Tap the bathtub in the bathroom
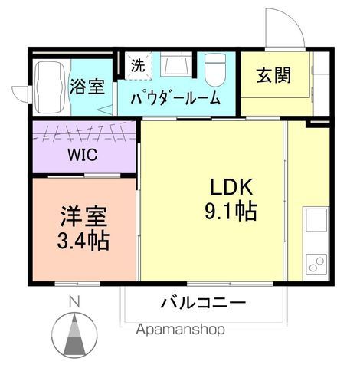(x=50, y=77)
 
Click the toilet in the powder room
(x=214, y=71)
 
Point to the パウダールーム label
(x=175, y=99)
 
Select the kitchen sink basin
(x=316, y=223)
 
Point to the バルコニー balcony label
(x=203, y=303)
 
